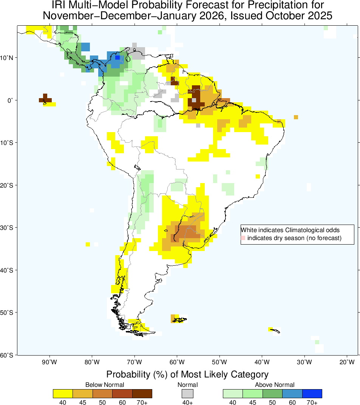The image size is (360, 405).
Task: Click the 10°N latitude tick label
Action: pos(7,58)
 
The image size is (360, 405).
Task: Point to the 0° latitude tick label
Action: pos(11,100)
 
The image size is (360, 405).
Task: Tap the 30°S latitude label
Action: pos(7,228)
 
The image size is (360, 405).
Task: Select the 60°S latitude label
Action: pos(7,355)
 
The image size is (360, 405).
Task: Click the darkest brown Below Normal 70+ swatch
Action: pos(142,394)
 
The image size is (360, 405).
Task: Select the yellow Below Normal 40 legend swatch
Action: pos(63,394)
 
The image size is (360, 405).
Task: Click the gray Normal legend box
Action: pos(187,394)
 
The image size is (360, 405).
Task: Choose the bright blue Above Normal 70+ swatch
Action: pos(312,394)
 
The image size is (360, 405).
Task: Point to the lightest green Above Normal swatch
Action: pos(233,394)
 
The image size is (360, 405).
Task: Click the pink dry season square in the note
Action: pos(243,238)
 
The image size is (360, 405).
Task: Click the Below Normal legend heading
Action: pos(105,385)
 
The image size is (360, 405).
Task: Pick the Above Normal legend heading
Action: pos(275,385)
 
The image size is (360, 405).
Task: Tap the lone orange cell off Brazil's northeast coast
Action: pos(296,117)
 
